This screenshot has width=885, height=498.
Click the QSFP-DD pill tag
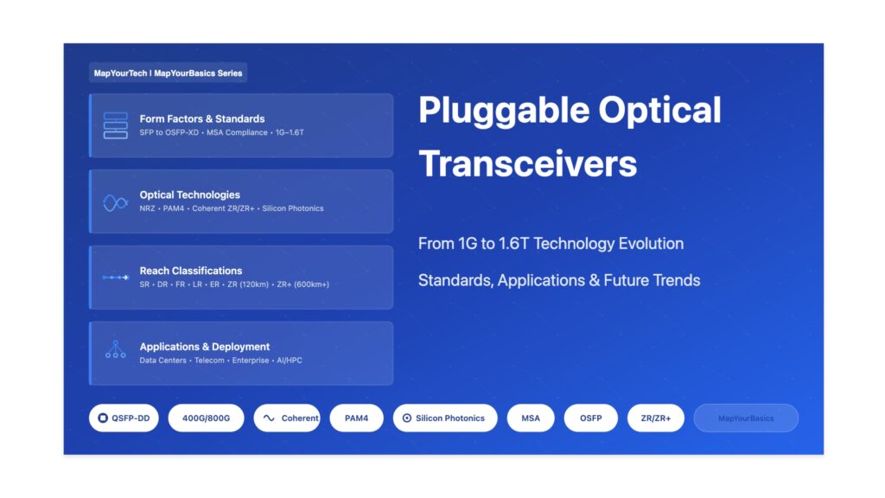pyautogui.click(x=124, y=418)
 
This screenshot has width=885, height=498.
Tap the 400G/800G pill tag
pyautogui.click(x=206, y=418)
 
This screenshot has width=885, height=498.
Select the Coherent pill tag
pyautogui.click(x=287, y=418)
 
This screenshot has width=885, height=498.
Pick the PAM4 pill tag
pyautogui.click(x=356, y=418)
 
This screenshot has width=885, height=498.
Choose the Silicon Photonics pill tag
pyautogui.click(x=444, y=418)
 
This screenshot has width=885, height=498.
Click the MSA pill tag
pyautogui.click(x=531, y=418)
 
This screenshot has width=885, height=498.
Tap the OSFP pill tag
pyautogui.click(x=590, y=418)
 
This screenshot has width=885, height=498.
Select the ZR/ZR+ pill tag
pyautogui.click(x=655, y=418)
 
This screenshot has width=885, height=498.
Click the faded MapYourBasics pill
pyautogui.click(x=746, y=418)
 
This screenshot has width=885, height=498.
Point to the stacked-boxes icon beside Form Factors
pyautogui.click(x=115, y=125)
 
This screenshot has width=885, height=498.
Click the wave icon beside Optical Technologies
pyautogui.click(x=115, y=201)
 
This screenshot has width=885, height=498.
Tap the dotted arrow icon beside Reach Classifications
pyautogui.click(x=115, y=278)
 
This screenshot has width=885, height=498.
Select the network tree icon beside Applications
pyautogui.click(x=115, y=350)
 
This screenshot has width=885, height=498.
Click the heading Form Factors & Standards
pyautogui.click(x=202, y=118)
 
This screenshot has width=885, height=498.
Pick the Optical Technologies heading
pyautogui.click(x=190, y=195)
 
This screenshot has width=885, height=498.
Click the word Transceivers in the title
pyautogui.click(x=527, y=163)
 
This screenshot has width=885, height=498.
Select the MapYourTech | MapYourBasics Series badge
pyautogui.click(x=168, y=73)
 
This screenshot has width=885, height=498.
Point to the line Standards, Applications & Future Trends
pyautogui.click(x=559, y=280)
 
